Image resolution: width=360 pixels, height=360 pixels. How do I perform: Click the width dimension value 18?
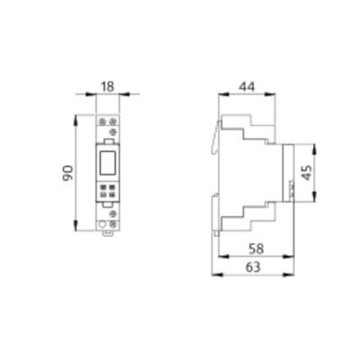[107, 86]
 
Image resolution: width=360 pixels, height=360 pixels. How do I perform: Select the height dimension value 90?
[67, 173]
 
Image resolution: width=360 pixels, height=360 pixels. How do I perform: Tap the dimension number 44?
[247, 86]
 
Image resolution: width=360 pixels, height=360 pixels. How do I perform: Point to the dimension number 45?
[307, 173]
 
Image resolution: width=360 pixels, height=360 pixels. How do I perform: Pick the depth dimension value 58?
[256, 248]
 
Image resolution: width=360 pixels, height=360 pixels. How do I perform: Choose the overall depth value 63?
[253, 266]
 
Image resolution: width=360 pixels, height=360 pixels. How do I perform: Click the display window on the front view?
[107, 163]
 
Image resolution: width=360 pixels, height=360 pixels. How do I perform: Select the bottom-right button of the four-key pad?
[112, 194]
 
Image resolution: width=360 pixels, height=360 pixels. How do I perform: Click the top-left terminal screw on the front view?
[103, 121]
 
